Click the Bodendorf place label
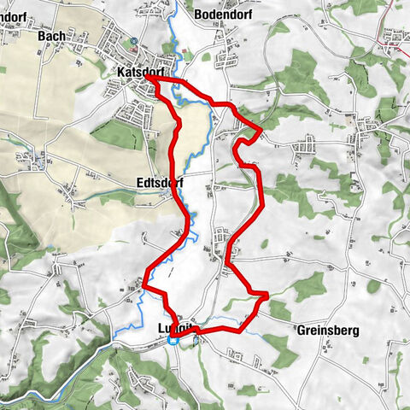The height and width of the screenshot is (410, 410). click(x=220, y=15)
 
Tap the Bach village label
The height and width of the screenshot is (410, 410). click(x=50, y=37)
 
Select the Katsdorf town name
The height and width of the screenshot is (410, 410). click(x=138, y=74)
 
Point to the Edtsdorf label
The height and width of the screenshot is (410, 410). click(x=160, y=183)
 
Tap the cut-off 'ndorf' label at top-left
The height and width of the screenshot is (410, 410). click(x=14, y=15)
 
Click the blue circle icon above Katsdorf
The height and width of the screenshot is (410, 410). click(x=134, y=40)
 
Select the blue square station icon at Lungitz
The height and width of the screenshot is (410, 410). click(x=173, y=340)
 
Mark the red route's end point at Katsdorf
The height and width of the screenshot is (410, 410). click(x=148, y=76)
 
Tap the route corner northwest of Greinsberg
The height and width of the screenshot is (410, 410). click(x=266, y=296)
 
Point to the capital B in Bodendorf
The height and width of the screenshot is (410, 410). click(x=199, y=15)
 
